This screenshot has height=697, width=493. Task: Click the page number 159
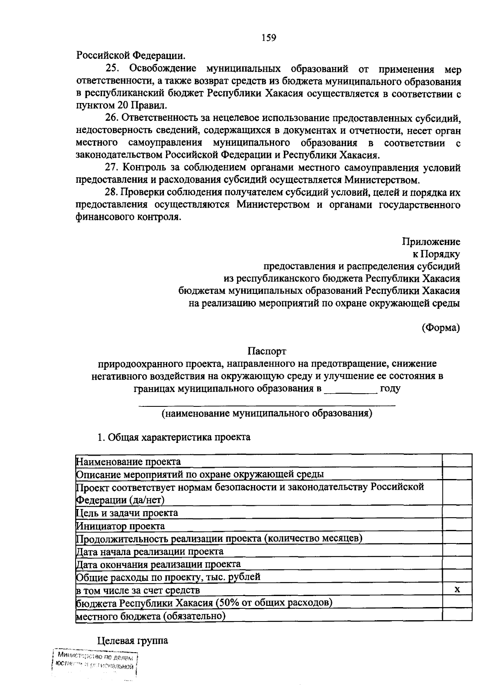tap(269, 38)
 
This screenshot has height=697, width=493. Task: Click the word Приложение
tap(431, 242)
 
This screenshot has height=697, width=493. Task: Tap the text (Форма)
tap(440, 328)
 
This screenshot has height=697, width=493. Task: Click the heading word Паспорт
tap(267, 351)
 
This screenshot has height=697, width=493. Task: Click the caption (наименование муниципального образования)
tap(267, 413)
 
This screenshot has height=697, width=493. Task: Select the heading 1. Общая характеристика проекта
tap(173, 437)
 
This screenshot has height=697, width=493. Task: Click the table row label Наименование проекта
tap(129, 461)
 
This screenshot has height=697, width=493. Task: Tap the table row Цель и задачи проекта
tap(127, 513)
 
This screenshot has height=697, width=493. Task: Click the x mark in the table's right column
tap(457, 590)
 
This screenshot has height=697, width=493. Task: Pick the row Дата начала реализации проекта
tap(150, 551)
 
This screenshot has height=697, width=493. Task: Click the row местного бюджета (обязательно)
tap(151, 616)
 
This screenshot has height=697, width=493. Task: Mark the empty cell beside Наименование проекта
tap(457, 461)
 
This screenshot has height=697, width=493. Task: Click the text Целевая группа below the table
tap(133, 641)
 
